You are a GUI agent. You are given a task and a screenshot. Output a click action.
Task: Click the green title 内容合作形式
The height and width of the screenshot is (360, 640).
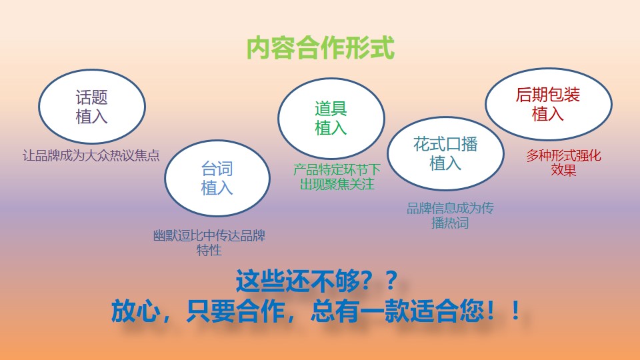(321, 48)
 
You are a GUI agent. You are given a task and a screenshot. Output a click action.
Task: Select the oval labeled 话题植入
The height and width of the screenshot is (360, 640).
(92, 106)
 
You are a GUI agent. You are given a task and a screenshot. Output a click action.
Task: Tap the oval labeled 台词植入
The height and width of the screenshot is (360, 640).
(217, 178)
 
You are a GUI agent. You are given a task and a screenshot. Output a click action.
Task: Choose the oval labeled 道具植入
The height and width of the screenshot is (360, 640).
(331, 119)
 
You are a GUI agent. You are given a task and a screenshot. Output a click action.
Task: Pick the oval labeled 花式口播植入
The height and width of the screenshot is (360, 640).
(445, 153)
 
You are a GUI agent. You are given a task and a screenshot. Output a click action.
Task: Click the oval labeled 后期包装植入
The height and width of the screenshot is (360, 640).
(548, 104)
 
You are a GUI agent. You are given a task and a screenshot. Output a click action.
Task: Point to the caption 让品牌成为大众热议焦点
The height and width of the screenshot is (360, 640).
(91, 155)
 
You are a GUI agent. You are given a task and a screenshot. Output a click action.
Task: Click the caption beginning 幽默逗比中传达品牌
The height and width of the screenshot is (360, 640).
(209, 235)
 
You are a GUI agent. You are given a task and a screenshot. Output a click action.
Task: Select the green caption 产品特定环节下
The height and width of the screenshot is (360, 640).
(337, 169)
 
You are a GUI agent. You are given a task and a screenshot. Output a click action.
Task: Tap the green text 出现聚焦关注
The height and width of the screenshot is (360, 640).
(337, 184)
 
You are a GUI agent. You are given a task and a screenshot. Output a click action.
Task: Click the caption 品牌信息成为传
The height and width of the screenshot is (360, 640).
(450, 208)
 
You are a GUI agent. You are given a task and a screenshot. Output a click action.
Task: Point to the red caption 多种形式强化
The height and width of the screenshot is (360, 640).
(563, 155)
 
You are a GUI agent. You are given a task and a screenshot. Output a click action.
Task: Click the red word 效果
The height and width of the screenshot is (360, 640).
(563, 170)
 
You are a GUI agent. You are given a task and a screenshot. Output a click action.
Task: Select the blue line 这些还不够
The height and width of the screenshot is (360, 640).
(317, 281)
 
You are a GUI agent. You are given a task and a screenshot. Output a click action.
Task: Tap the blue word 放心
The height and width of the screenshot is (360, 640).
(135, 311)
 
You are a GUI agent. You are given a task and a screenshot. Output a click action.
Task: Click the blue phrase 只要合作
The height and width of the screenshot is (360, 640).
(235, 311)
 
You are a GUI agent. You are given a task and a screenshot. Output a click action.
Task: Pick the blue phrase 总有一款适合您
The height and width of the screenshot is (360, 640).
(397, 311)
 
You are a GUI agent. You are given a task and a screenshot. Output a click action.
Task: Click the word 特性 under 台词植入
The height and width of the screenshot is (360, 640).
(209, 250)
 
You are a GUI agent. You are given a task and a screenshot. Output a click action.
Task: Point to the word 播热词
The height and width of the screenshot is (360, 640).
(450, 223)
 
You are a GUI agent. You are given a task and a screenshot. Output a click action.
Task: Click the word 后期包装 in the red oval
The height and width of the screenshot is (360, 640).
(548, 95)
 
